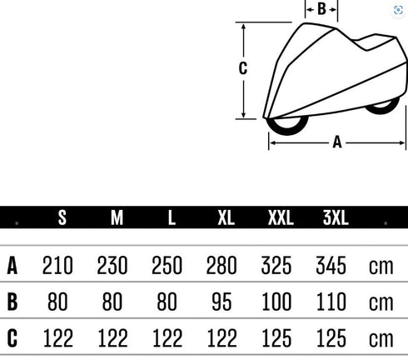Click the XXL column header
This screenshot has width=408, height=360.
coord(281,217)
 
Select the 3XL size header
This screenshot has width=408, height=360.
coord(336,217)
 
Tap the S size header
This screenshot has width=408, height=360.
coord(62,217)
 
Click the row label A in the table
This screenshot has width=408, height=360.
coord(12,266)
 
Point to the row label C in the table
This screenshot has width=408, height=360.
coord(12,338)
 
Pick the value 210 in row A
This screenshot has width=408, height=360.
coord(57,266)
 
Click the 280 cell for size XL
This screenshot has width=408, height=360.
coord(221,266)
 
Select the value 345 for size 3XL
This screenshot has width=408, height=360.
coord(331,266)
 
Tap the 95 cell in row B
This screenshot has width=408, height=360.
coord(221,302)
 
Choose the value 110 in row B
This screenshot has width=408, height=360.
coord(331,302)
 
